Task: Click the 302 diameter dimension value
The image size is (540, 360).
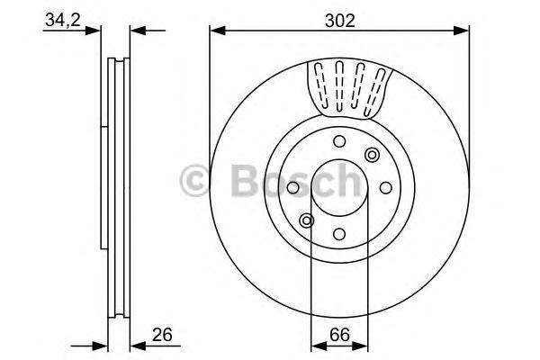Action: pos(340,19)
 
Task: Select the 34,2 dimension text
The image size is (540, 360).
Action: pos(60,19)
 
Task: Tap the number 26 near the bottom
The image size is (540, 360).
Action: pos(162,336)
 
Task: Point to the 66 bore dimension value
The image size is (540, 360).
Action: pos(339,336)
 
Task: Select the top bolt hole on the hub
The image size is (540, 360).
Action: pos(339,140)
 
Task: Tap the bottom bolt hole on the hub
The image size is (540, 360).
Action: pos(339,233)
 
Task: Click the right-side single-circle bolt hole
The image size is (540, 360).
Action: pos(385,187)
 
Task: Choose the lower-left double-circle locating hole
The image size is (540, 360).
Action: pos(307,220)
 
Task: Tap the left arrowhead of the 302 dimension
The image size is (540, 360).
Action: pos(216,31)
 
